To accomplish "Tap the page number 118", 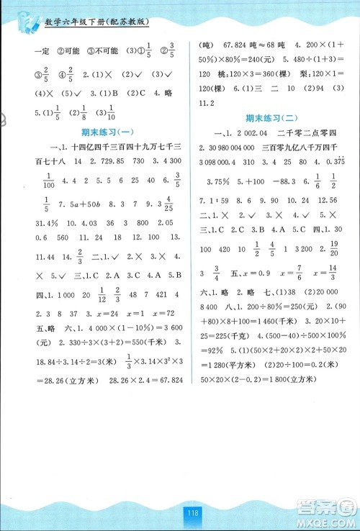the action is click(192, 513).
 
